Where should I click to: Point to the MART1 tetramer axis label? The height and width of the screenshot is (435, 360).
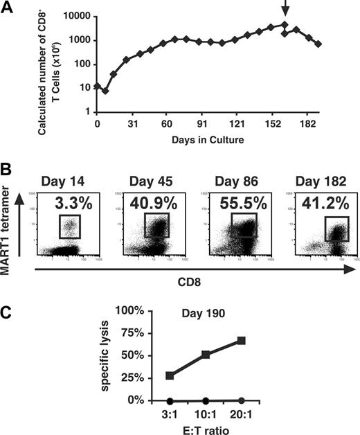click(x=9, y=219)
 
